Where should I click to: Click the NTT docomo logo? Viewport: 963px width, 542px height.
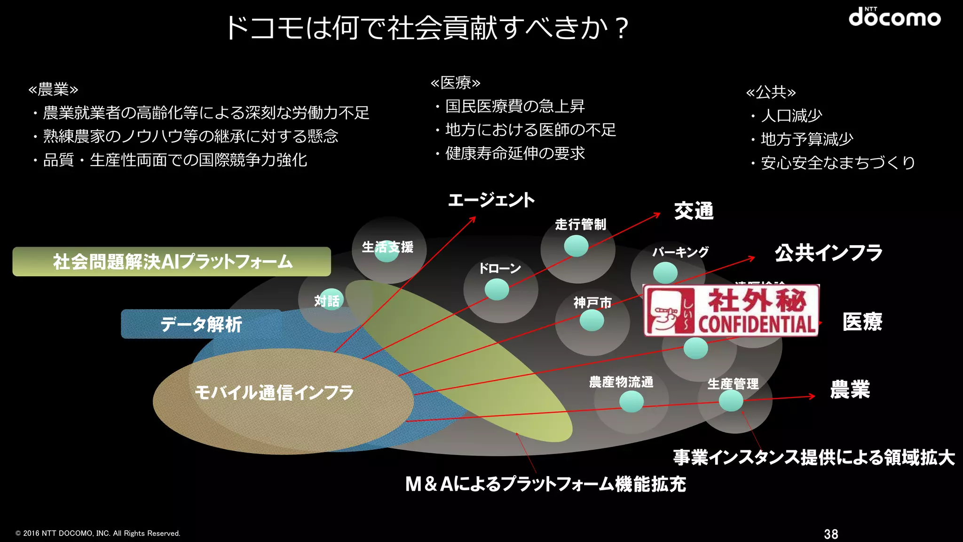(894, 17)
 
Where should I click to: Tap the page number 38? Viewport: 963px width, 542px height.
(831, 534)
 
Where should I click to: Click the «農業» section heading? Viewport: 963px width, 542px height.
(53, 89)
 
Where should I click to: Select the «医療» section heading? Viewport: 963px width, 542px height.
(455, 83)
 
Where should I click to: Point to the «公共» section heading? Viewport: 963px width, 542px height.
(771, 92)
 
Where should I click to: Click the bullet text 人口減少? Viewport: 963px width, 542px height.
(791, 115)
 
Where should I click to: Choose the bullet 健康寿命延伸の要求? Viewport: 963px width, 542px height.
(515, 153)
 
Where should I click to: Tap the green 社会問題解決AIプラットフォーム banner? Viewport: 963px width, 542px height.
(172, 262)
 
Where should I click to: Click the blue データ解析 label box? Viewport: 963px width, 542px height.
(201, 324)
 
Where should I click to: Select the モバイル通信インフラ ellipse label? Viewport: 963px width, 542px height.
(274, 392)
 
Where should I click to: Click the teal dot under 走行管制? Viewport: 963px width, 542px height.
(576, 246)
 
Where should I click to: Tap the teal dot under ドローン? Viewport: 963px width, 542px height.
(497, 289)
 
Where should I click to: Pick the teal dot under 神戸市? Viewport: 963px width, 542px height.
(592, 321)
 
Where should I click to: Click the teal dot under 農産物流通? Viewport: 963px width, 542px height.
(631, 402)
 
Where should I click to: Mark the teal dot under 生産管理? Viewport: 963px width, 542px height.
(731, 401)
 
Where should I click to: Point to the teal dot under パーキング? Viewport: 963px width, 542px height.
(665, 272)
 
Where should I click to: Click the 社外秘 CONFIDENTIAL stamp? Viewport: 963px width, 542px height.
(731, 311)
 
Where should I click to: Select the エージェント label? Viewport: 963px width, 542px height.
(491, 200)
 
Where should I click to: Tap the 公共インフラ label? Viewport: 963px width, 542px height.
(829, 253)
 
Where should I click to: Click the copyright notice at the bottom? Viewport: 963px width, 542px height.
(98, 533)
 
